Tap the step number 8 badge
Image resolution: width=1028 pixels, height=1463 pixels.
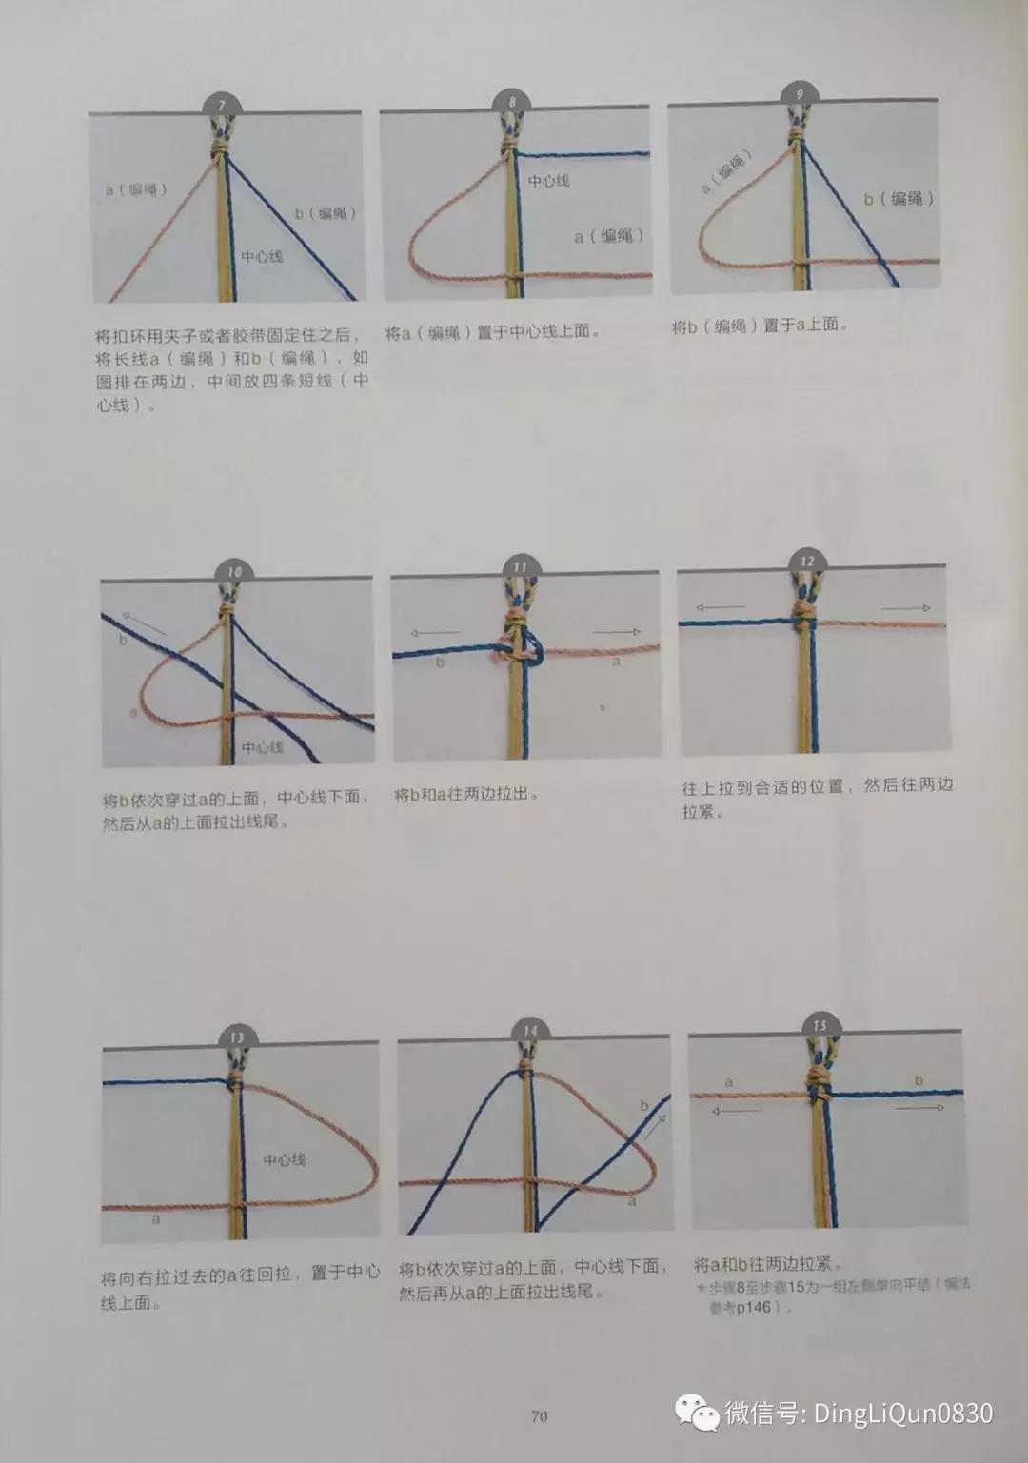coord(513,100)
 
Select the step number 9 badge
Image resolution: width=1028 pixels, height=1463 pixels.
coord(800,94)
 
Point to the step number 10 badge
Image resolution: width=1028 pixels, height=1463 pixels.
coord(234,571)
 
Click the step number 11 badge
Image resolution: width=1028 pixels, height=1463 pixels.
coord(520,567)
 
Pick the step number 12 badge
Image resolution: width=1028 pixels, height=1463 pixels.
coord(807,561)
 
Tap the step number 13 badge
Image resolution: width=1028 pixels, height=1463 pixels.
coord(236,1037)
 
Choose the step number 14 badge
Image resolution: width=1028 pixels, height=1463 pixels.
coord(529,1030)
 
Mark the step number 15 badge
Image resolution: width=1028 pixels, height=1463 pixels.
coord(820,1025)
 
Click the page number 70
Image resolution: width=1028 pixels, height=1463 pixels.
coord(539,1416)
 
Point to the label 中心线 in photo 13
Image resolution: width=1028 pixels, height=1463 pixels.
coord(285,1160)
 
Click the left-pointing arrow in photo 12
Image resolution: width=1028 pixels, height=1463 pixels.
coord(720,607)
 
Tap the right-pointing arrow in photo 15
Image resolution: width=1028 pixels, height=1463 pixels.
coord(919,1108)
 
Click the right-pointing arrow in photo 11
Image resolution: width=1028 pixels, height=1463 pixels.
coord(616,631)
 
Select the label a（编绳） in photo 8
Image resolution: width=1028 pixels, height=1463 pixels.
coord(609,236)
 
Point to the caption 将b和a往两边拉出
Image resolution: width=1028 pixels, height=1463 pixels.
coord(466,794)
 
